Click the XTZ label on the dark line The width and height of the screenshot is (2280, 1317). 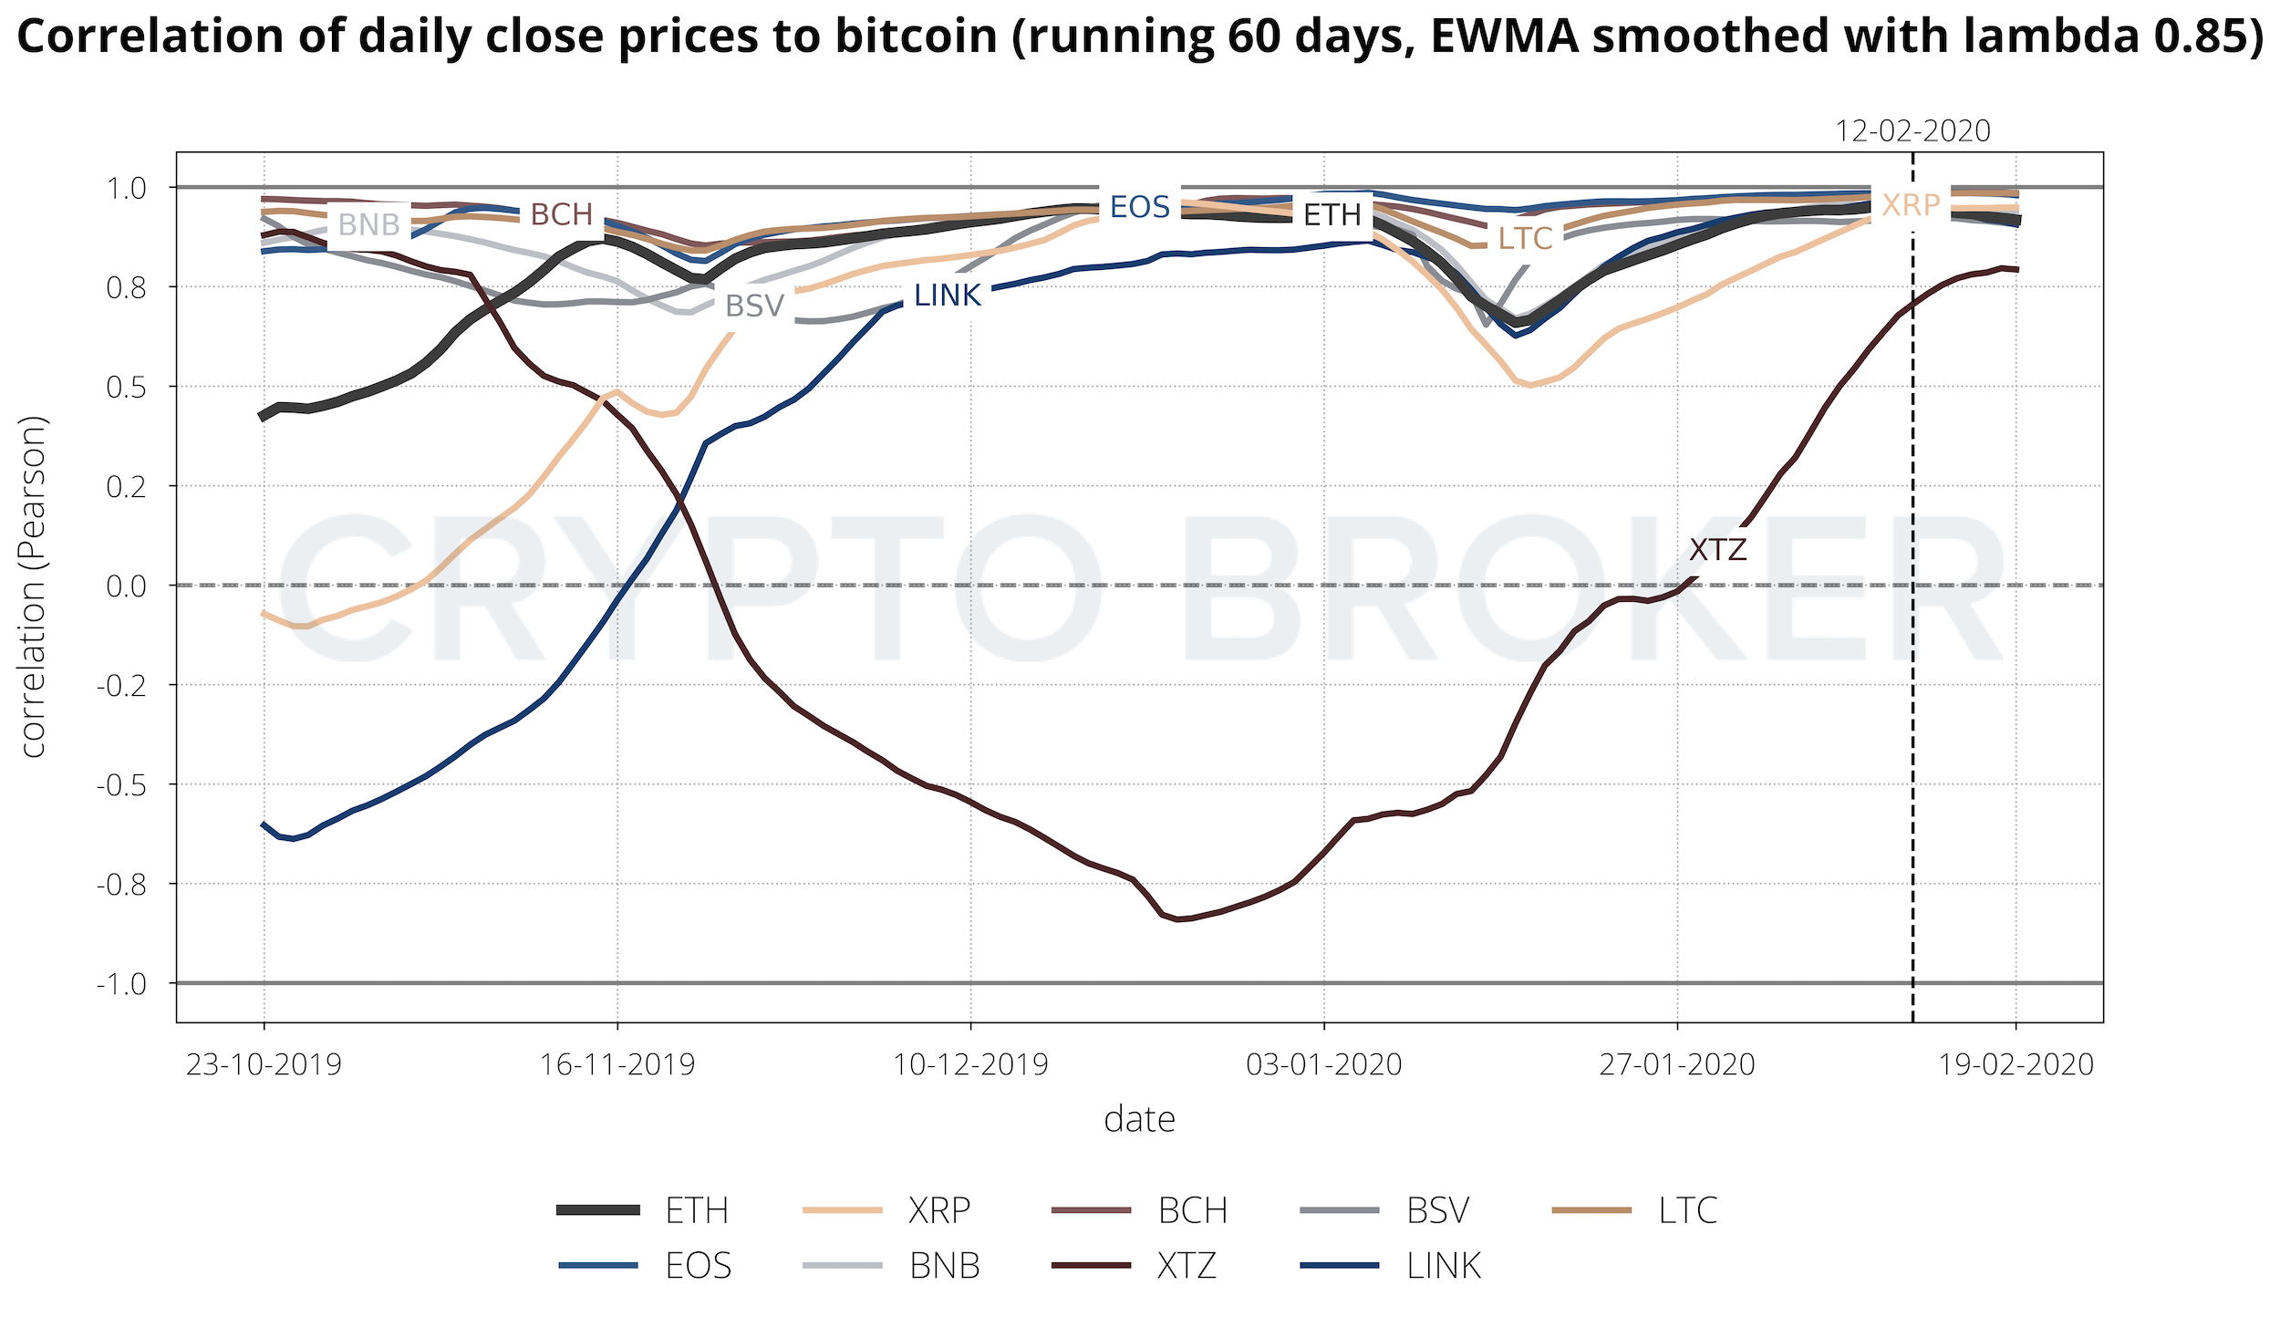click(1717, 550)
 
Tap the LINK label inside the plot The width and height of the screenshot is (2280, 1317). click(947, 296)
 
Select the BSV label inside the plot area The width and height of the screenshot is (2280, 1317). click(754, 306)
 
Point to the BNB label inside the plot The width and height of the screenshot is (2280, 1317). click(368, 224)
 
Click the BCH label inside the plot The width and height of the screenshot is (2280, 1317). click(562, 215)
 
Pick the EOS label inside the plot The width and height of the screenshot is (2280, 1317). click(1139, 208)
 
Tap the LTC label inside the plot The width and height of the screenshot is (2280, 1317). click(1525, 239)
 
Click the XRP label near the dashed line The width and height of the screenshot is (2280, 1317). click(1911, 206)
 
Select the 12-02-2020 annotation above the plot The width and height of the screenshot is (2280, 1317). click(1912, 131)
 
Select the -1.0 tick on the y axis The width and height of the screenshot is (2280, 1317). click(121, 984)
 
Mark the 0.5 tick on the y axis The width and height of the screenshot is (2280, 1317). click(127, 388)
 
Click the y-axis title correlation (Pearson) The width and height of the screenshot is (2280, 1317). click(33, 586)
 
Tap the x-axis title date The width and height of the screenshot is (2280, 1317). click(1139, 1119)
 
